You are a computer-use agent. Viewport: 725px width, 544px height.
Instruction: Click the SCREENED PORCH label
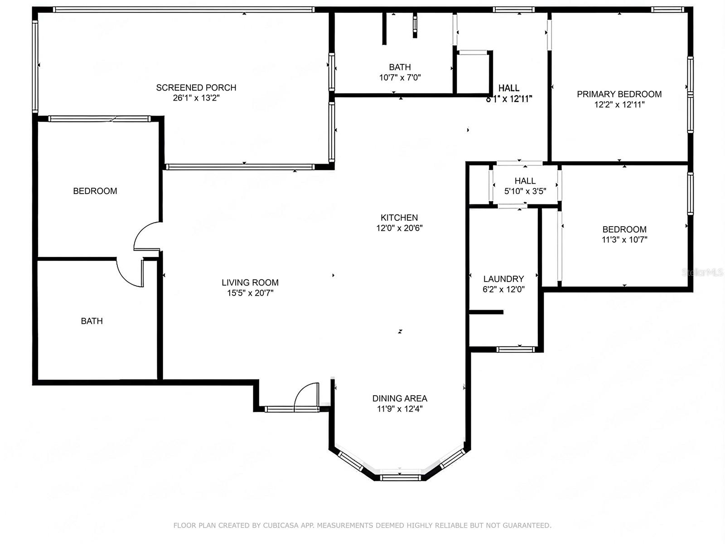click(x=196, y=87)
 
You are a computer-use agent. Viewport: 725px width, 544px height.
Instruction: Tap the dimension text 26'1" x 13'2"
click(x=196, y=98)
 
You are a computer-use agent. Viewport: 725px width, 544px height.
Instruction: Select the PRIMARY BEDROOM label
click(x=619, y=94)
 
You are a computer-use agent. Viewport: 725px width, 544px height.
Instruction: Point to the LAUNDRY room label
click(x=504, y=279)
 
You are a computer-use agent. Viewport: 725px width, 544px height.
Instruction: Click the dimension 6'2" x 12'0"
click(x=504, y=289)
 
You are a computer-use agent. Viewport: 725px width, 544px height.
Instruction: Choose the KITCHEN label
click(x=399, y=218)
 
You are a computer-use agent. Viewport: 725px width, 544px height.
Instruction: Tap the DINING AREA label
click(x=400, y=398)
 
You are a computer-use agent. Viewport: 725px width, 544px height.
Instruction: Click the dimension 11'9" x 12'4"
click(x=400, y=409)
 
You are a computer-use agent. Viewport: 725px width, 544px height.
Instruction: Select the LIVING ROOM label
click(x=250, y=282)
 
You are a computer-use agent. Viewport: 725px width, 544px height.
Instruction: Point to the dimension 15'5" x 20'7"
click(x=250, y=293)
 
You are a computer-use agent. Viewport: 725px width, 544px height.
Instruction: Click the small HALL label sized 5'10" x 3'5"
click(x=525, y=181)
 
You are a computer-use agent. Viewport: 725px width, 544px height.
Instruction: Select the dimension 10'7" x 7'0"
click(x=400, y=78)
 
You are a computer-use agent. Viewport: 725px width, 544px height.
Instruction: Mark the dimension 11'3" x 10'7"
click(x=624, y=239)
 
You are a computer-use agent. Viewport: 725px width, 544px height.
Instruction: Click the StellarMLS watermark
click(x=702, y=272)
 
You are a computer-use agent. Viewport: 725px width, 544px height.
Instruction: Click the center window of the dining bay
click(x=400, y=477)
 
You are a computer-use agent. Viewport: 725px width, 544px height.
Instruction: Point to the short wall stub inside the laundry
click(x=486, y=312)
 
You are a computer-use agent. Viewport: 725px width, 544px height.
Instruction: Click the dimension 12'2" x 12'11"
click(x=619, y=105)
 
